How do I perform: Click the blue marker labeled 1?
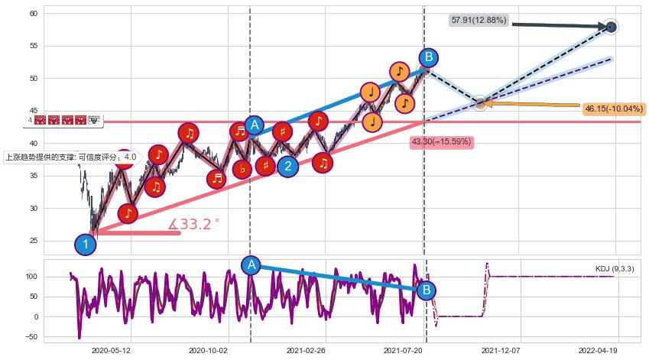coord(86,245)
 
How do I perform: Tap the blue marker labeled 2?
coord(287,166)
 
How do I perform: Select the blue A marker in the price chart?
coord(255,125)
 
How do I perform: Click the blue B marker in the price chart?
coord(429,57)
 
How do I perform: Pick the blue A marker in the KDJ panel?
coord(251,265)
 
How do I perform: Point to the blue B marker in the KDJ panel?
coord(427,290)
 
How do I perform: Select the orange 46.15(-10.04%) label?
coord(613,109)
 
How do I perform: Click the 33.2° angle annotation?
coord(194,225)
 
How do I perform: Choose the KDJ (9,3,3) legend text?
coord(615,269)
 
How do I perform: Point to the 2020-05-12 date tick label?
coord(111,351)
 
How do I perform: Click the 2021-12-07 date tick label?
coord(501,351)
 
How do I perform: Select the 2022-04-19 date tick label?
coord(598,351)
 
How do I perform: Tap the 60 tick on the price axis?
coord(34,14)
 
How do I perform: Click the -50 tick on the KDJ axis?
coord(31,336)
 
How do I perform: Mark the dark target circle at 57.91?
coord(611,28)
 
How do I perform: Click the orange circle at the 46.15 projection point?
coord(479,102)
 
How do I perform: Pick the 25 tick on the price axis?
coord(34,241)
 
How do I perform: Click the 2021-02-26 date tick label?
coord(306,351)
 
